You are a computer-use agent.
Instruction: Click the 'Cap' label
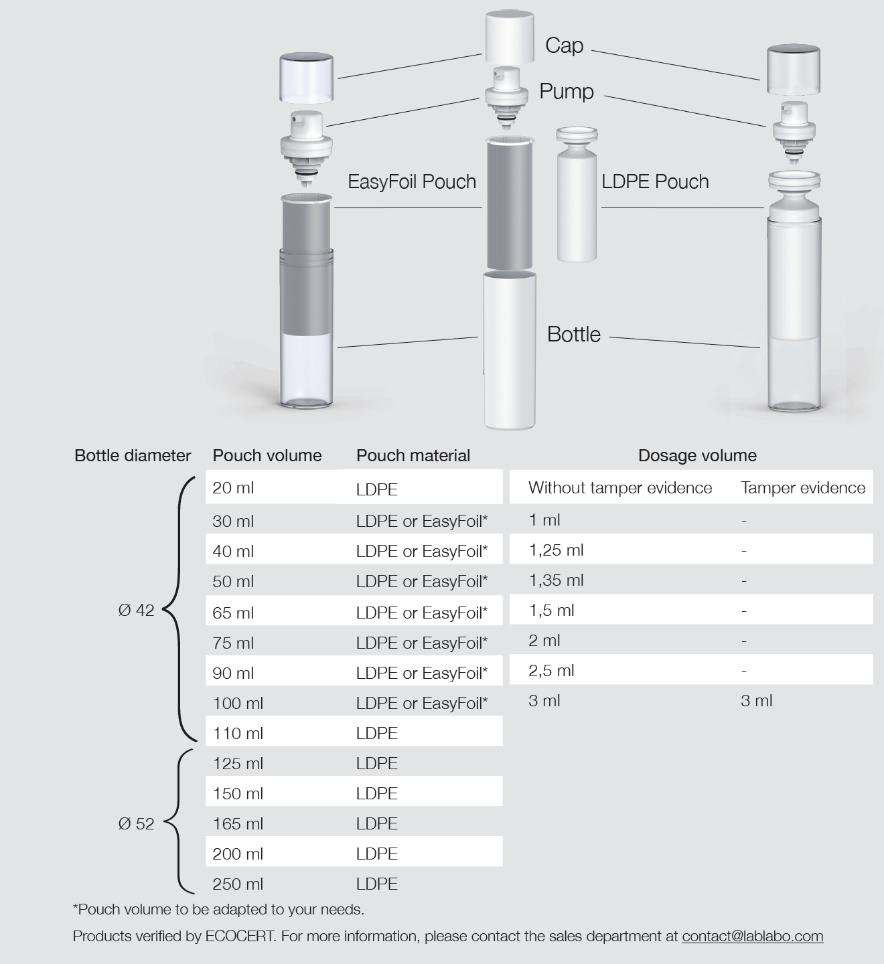pyautogui.click(x=564, y=46)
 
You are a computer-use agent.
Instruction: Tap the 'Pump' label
pyautogui.click(x=567, y=91)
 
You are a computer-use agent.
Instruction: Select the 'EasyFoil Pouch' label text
pyautogui.click(x=412, y=181)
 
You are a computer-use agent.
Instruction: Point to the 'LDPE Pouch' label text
pyautogui.click(x=655, y=181)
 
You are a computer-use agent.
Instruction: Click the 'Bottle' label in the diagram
pyautogui.click(x=574, y=334)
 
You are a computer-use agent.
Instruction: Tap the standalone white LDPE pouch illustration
pyautogui.click(x=577, y=201)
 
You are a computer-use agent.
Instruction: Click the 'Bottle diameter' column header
pyautogui.click(x=133, y=456)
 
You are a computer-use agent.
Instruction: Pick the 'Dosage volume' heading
pyautogui.click(x=697, y=456)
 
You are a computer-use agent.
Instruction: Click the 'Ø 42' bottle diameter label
pyautogui.click(x=136, y=610)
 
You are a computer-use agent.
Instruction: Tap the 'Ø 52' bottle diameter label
pyautogui.click(x=136, y=824)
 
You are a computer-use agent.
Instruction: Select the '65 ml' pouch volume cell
pyautogui.click(x=233, y=613)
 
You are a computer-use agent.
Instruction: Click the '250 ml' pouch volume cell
pyautogui.click(x=238, y=884)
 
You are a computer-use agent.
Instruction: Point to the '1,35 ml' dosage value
pyautogui.click(x=556, y=580)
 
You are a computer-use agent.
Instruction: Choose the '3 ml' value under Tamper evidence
pyautogui.click(x=756, y=701)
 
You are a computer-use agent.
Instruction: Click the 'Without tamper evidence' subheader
pyautogui.click(x=619, y=488)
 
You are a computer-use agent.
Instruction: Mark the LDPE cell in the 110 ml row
pyautogui.click(x=377, y=734)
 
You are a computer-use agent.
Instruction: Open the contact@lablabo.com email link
pyautogui.click(x=752, y=937)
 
